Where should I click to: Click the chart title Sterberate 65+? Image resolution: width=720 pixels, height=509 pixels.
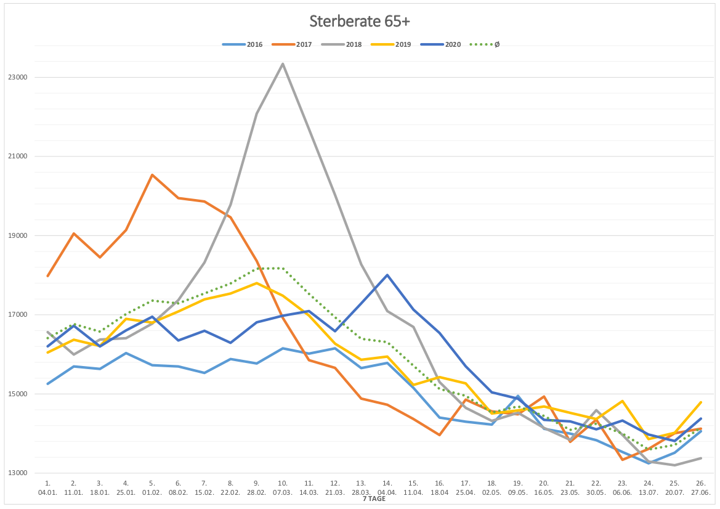[360, 22]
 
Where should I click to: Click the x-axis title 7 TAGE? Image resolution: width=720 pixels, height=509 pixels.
[374, 499]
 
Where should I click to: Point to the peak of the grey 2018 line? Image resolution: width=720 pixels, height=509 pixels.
[283, 63]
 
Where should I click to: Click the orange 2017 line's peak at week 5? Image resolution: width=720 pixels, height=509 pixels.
[152, 175]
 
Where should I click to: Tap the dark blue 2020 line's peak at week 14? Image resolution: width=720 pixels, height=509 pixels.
[387, 275]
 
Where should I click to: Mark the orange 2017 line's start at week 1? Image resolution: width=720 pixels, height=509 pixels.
[47, 276]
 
